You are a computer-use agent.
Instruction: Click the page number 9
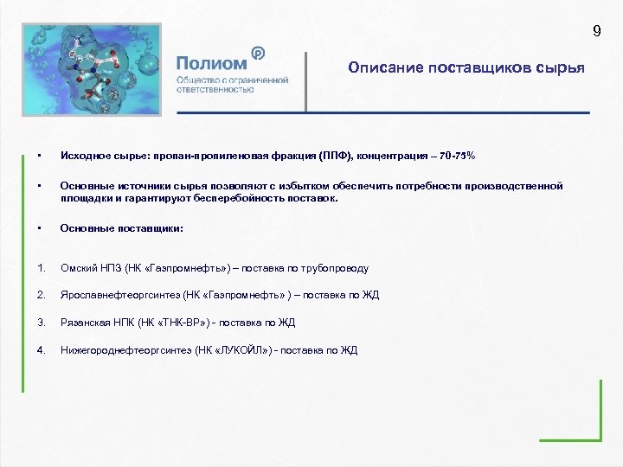pos(596,32)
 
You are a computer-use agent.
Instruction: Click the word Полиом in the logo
pos(211,63)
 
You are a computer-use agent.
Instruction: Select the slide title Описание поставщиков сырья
pos(466,67)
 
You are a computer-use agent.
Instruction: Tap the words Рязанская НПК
pos(95,323)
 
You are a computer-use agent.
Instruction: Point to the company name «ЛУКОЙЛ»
pos(247,350)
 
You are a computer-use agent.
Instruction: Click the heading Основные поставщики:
pos(121,229)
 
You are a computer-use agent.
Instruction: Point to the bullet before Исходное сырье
pos(41,156)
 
